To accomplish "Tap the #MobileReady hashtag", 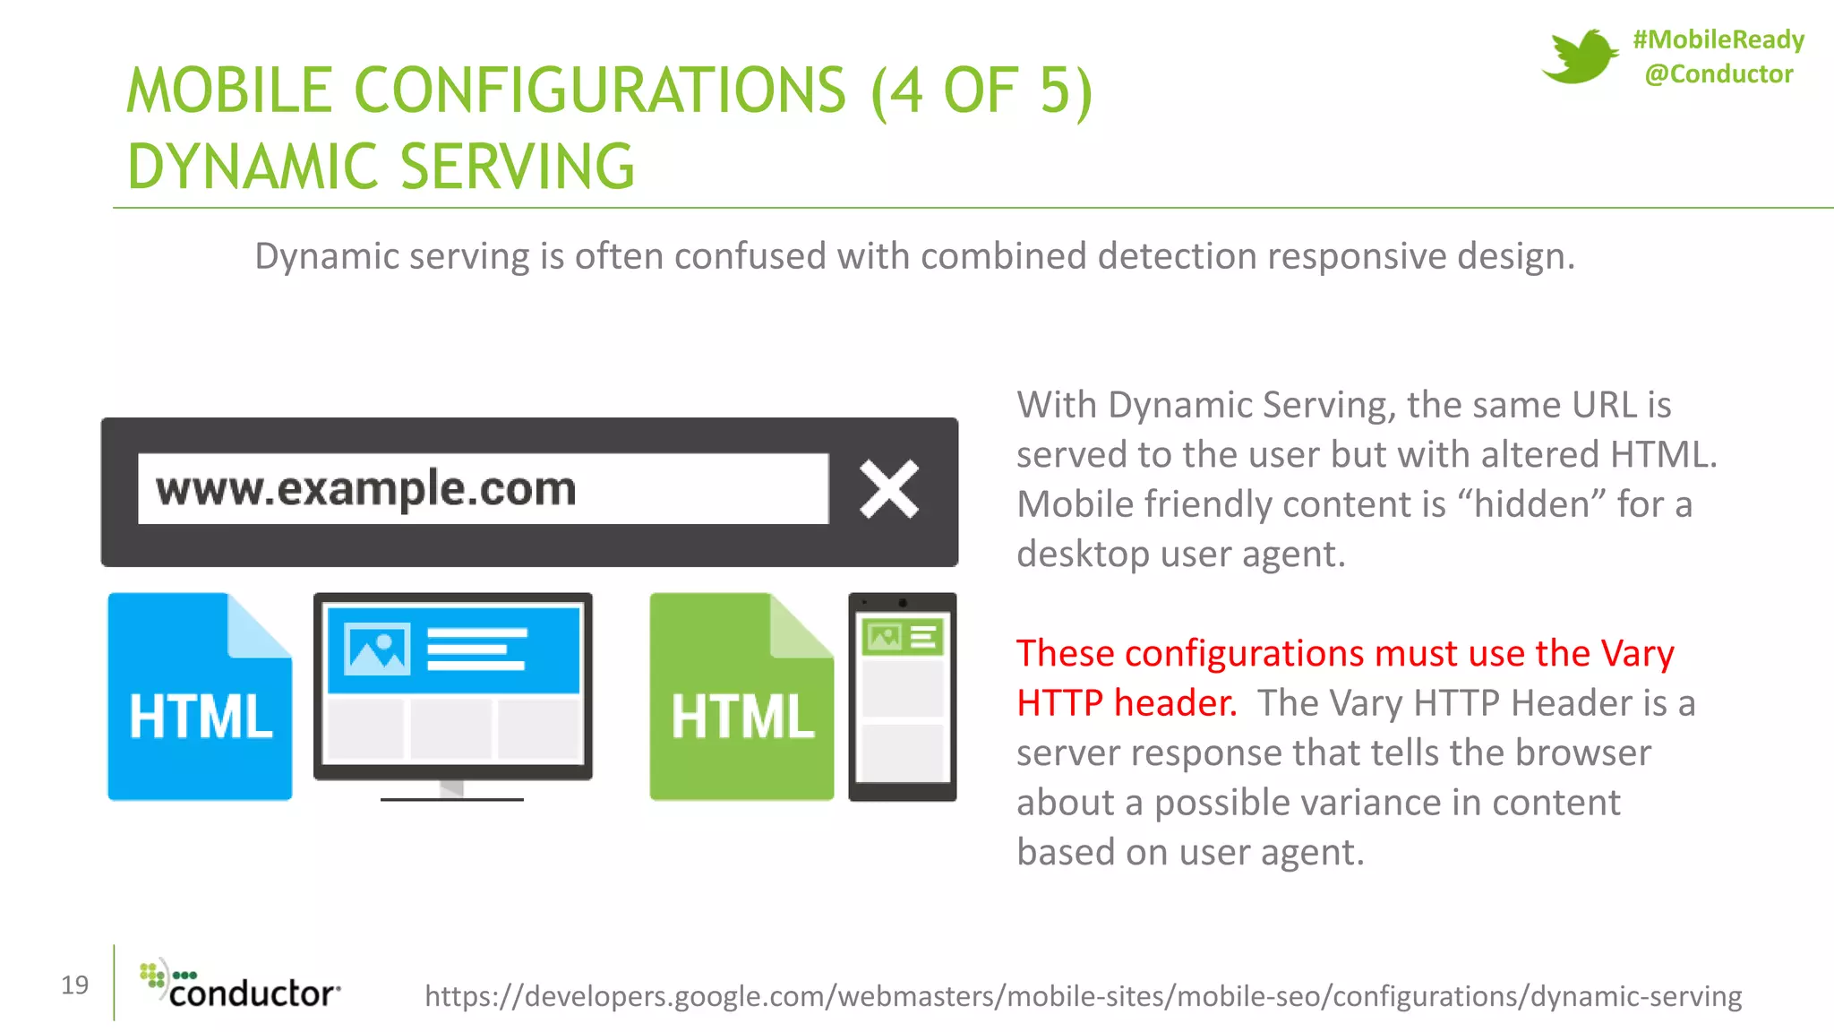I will pyautogui.click(x=1718, y=39).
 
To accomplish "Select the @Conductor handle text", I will pyautogui.click(x=1718, y=73).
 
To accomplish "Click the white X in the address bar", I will pyautogui.click(x=888, y=489).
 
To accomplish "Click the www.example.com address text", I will pyautogui.click(x=365, y=489).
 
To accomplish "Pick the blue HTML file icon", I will pyautogui.click(x=200, y=697).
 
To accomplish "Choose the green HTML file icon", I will pyautogui.click(x=741, y=697).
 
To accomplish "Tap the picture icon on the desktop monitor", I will pyautogui.click(x=378, y=649).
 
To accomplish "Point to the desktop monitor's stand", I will pyautogui.click(x=452, y=790).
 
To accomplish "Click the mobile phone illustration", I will pyautogui.click(x=902, y=697).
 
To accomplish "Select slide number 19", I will pyautogui.click(x=75, y=985).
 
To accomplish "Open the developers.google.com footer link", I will pyautogui.click(x=1083, y=995).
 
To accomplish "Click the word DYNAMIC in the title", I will pyautogui.click(x=253, y=168).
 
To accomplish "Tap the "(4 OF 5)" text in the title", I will pyautogui.click(x=981, y=90).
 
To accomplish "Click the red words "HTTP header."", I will pyautogui.click(x=1127, y=703).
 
